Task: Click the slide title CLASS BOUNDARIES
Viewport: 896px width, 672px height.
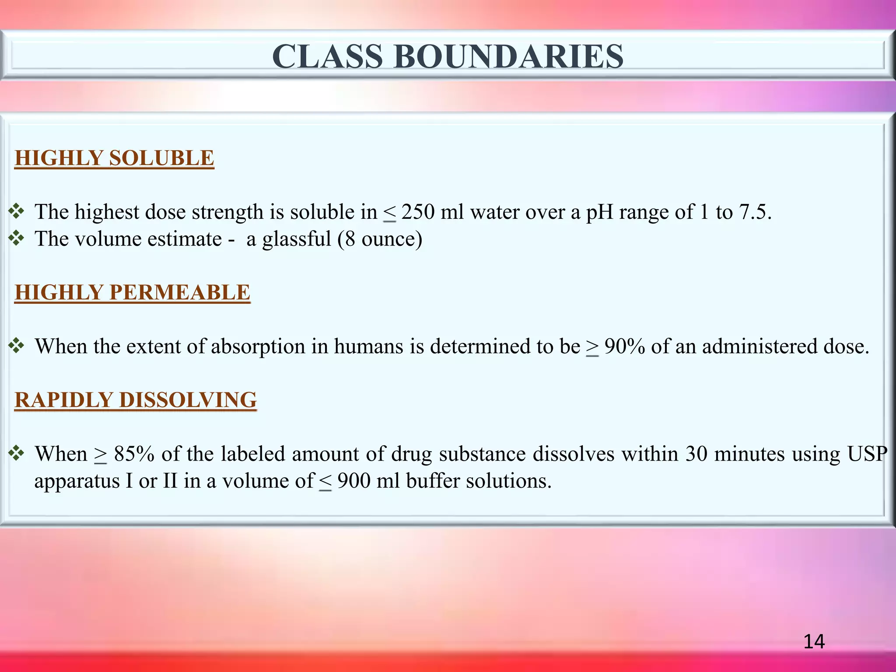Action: [x=448, y=57]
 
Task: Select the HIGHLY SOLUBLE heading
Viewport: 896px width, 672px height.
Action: [x=114, y=158]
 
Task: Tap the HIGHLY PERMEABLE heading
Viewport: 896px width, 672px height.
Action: [x=132, y=292]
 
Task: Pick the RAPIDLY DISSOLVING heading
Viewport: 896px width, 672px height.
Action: [x=136, y=400]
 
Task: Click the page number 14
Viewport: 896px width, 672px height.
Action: [x=814, y=641]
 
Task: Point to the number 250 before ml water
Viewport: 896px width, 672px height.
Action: [x=418, y=212]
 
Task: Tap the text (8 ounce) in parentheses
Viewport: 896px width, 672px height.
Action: [x=380, y=239]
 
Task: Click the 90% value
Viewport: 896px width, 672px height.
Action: [x=624, y=346]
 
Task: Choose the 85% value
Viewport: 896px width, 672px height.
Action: [x=134, y=454]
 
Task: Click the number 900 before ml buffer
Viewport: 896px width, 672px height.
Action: [x=353, y=481]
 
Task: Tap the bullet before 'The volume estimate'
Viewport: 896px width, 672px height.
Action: [x=17, y=239]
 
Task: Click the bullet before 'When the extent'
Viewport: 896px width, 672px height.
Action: [x=17, y=346]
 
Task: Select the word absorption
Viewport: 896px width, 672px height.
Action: [x=258, y=346]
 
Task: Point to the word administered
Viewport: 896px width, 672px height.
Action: [x=759, y=346]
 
